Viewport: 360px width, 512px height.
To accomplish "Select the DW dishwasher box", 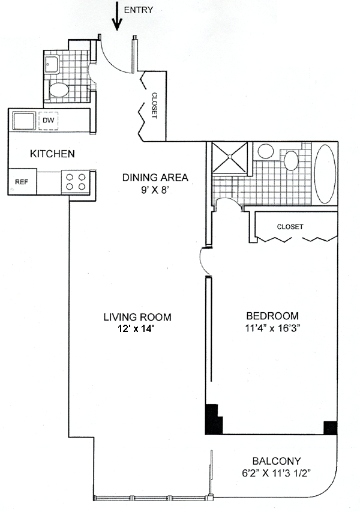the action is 48,121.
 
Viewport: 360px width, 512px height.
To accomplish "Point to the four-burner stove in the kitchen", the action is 76,181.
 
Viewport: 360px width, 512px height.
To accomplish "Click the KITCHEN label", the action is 52,154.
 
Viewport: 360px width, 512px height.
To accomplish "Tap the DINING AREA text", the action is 155,177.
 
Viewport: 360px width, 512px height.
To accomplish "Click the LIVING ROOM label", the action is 137,317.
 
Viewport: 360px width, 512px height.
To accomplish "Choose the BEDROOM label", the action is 272,316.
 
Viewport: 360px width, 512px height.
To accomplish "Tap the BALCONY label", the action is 276,461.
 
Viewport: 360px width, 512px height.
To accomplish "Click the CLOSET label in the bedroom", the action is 290,227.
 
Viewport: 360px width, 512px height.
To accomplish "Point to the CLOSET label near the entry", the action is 154,105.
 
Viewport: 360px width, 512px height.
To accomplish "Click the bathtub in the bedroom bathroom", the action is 327,173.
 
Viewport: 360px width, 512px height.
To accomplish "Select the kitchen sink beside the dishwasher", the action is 23,121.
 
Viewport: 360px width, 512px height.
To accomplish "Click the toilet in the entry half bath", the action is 59,90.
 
